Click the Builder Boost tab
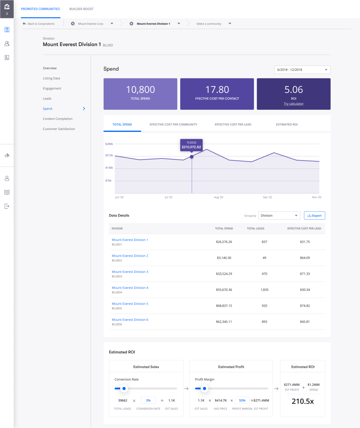click(x=81, y=9)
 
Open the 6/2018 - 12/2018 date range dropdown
click(x=302, y=69)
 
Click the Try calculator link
click(x=293, y=104)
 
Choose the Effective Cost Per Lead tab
click(x=233, y=125)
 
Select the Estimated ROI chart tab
click(x=287, y=125)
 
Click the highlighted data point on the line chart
click(x=192, y=157)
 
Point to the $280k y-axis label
click(x=109, y=144)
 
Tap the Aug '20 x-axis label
click(x=219, y=197)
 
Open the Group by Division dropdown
click(x=279, y=216)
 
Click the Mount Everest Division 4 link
click(x=130, y=288)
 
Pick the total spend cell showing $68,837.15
click(x=223, y=306)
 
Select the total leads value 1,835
click(x=264, y=289)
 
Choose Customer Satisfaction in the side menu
click(x=59, y=129)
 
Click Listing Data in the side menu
click(x=51, y=78)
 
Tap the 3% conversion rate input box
click(x=148, y=400)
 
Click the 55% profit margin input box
click(x=242, y=400)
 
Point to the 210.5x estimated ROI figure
click(x=303, y=401)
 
